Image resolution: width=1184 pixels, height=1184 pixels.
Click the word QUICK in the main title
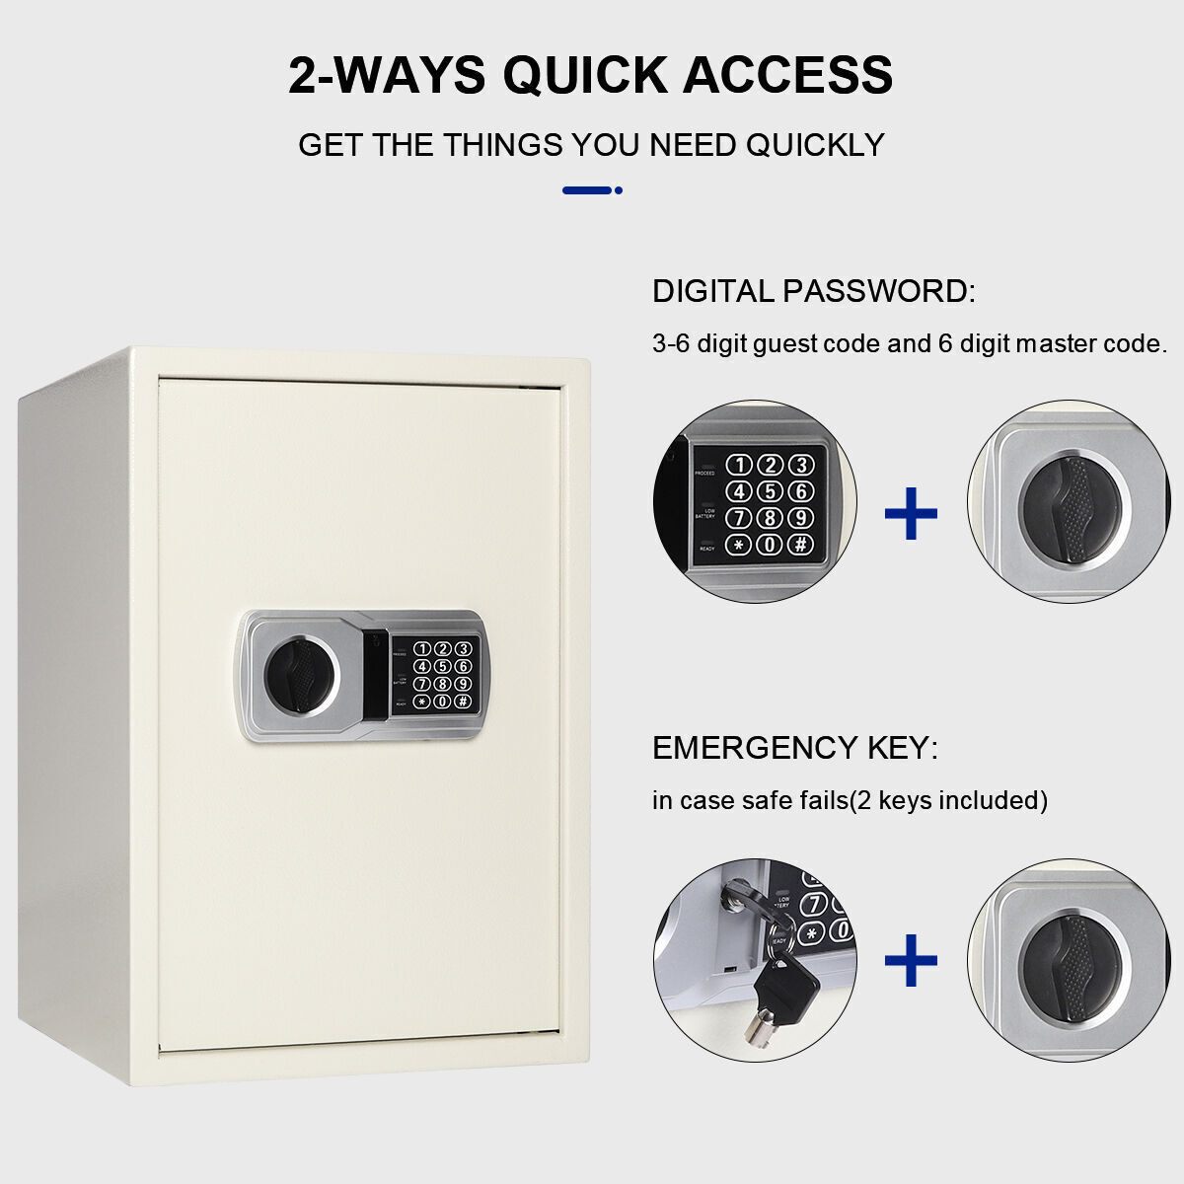coord(585,76)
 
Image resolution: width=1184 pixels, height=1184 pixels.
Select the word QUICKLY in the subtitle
coord(815,145)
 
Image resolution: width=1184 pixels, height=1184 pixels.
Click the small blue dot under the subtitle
coord(618,190)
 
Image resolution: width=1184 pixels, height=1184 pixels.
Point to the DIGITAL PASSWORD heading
coord(813,291)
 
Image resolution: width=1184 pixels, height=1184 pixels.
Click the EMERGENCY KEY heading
coord(795,748)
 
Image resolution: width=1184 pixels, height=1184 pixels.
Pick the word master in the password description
coord(1056,343)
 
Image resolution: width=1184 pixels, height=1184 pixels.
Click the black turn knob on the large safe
coord(301,676)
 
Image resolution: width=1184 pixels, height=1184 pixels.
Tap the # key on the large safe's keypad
coord(463,702)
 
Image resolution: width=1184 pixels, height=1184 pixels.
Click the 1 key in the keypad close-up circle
coord(739,465)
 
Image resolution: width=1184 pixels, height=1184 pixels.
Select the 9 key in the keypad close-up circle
coord(800,517)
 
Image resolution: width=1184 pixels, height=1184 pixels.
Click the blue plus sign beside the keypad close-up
coord(911,513)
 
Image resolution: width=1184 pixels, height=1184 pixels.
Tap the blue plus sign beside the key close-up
coord(911,960)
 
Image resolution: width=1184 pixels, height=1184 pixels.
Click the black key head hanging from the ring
coord(785,988)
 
